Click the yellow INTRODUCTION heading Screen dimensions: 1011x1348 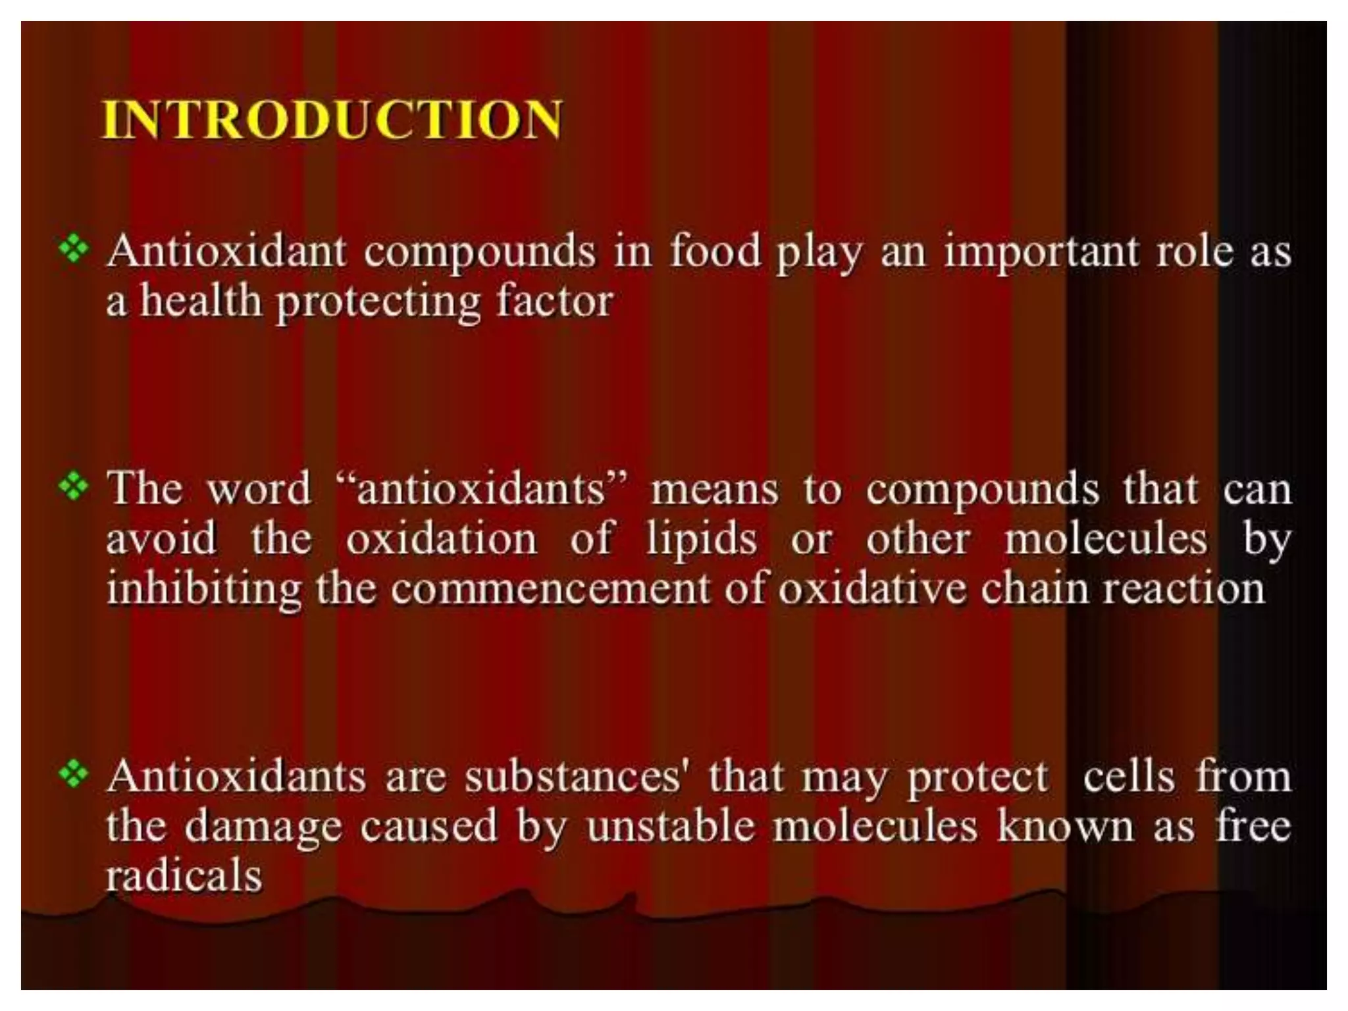332,120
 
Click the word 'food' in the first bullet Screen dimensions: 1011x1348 715,251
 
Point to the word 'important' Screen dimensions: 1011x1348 1041,253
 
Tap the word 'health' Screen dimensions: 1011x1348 201,301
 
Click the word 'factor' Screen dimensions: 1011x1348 555,301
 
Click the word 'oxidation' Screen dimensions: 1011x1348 442,539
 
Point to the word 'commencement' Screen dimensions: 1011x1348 550,589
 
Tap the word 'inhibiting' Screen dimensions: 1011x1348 203,589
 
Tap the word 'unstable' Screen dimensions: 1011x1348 670,827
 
